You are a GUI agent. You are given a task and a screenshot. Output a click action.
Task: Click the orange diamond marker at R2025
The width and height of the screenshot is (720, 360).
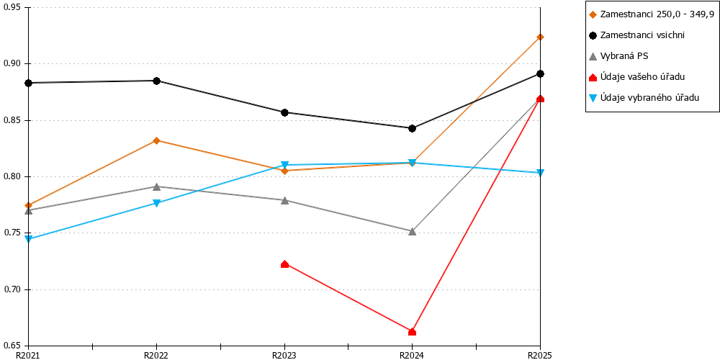[x=541, y=37]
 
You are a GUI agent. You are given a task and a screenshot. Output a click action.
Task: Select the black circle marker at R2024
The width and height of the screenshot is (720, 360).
[x=412, y=129]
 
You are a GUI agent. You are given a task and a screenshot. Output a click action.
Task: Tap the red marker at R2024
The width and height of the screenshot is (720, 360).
[x=412, y=331]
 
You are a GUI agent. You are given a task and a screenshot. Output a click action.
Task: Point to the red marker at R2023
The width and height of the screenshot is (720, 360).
[x=284, y=264]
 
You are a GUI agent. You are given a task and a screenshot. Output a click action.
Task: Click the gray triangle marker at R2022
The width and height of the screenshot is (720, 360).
[x=156, y=186]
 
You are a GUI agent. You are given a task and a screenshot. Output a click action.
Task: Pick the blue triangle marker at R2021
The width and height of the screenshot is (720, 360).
[x=29, y=239]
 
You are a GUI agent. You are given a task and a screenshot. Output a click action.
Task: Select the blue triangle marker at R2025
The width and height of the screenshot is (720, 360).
[x=541, y=173]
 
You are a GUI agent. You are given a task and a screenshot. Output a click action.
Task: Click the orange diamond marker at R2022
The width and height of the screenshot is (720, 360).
[x=156, y=140]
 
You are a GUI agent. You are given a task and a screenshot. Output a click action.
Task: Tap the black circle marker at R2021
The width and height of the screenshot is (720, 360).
[x=29, y=83]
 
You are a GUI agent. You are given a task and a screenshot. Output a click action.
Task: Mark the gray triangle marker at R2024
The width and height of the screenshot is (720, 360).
[x=412, y=231]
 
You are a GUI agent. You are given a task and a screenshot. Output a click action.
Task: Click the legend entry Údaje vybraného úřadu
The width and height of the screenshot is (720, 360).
[x=644, y=97]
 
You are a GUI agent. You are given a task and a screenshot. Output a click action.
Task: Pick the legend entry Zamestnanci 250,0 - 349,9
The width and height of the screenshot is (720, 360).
[x=651, y=14]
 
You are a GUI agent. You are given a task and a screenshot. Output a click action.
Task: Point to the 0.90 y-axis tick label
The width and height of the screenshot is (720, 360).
[x=13, y=64]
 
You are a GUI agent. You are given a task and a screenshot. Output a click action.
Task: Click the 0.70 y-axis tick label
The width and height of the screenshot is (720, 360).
[x=13, y=289]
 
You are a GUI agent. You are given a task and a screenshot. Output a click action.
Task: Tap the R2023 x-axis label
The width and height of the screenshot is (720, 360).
[x=284, y=355]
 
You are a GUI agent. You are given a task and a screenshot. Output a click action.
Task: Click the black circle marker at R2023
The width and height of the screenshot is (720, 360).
[x=284, y=112]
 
